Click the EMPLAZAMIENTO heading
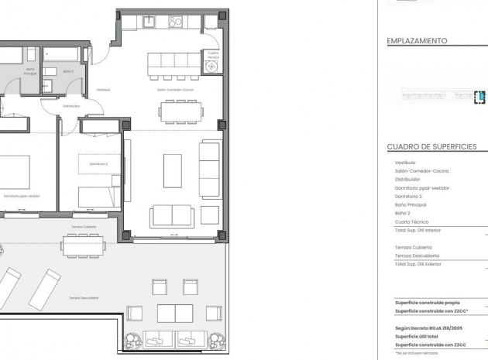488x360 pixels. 418,42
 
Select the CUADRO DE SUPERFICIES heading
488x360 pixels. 436,146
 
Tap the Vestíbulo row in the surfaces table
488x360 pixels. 405,163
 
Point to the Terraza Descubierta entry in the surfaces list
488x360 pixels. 417,255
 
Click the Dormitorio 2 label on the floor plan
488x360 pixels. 98,164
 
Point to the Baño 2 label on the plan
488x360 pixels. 68,71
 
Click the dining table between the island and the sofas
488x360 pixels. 181,111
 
